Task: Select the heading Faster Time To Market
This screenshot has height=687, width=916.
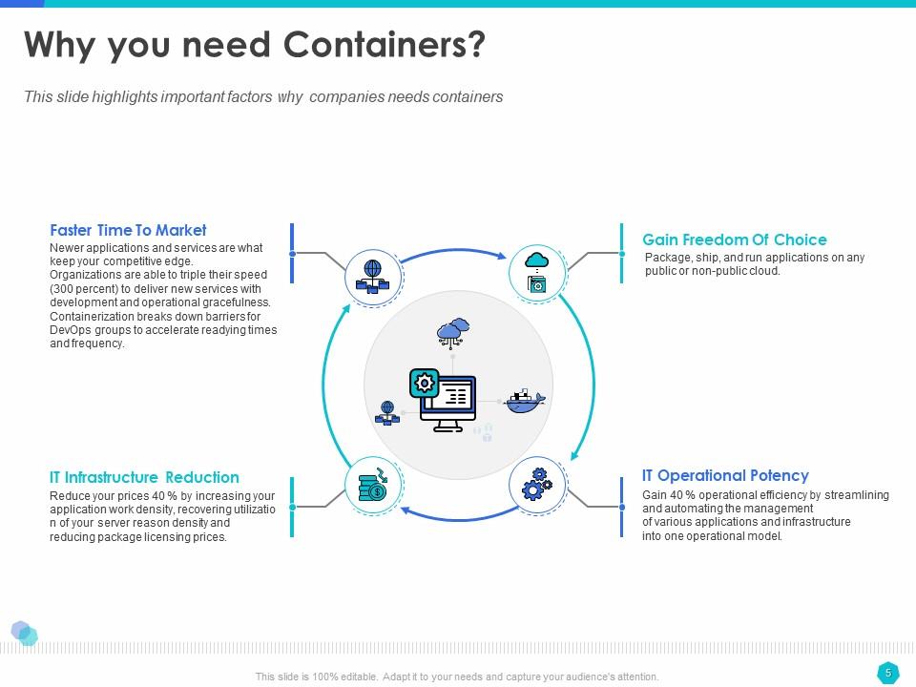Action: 128,230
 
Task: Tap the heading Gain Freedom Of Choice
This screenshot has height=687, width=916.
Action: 735,239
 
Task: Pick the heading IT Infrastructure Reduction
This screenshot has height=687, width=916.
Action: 144,477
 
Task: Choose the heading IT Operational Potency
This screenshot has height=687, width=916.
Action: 725,475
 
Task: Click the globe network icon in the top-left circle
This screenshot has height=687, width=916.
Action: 373,277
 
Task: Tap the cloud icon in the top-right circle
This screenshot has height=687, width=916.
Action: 537,260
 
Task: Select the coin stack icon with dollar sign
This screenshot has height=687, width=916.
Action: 373,485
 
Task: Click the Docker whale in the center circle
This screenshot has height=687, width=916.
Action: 524,402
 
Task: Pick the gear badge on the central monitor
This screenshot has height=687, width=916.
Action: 424,384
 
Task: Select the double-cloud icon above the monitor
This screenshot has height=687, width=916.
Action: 453,333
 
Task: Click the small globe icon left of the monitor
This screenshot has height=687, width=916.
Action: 387,413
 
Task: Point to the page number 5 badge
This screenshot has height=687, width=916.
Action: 888,673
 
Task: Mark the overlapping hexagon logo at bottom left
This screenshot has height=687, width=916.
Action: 24,634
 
